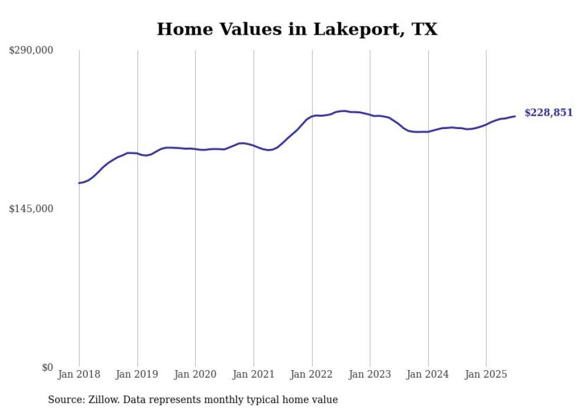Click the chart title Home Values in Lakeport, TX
coord(297,29)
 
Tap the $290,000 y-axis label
coord(31,51)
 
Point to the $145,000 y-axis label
coord(31,209)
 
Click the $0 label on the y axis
coord(47,367)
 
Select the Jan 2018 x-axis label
coord(79,374)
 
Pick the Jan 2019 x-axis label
coord(137,374)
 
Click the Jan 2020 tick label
coord(195,374)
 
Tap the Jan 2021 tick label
coord(254,374)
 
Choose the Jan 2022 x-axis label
coord(312,374)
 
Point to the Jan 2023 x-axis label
coord(370,374)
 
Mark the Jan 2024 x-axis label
coord(428,374)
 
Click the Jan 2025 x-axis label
coord(486,374)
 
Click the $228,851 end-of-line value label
coord(549,113)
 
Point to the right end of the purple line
coord(515,116)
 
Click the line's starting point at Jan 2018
coord(79,183)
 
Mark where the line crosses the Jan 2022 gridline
coord(312,116)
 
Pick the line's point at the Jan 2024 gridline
coord(428,131)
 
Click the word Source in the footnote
coord(64,400)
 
